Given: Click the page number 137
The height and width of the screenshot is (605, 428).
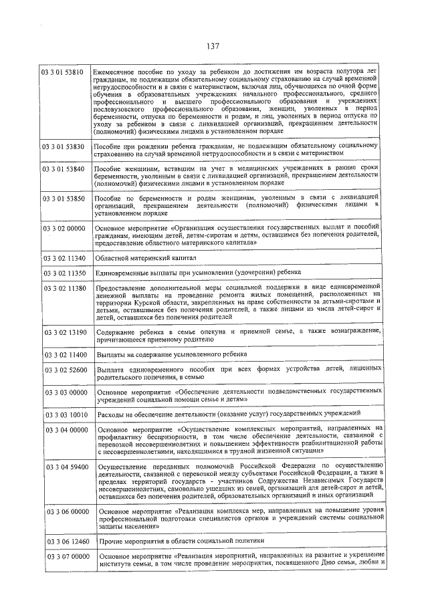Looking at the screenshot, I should tap(213, 47).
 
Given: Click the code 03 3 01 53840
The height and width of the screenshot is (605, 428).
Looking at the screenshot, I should tap(64, 169).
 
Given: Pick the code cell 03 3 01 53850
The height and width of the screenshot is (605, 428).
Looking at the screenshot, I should tap(64, 199).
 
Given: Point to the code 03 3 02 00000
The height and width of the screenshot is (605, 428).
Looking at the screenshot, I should tap(64, 229).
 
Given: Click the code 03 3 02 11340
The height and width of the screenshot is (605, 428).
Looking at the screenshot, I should tap(64, 257).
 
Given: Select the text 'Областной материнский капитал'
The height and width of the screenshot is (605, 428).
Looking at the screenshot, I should tap(136, 257).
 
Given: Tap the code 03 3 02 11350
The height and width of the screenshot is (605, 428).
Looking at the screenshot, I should tap(64, 273).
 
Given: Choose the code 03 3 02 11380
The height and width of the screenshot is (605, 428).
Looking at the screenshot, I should tap(64, 288).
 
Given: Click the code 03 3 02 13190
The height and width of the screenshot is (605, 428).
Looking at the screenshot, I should tap(65, 332).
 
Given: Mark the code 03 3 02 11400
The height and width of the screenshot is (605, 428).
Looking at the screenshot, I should tap(65, 354).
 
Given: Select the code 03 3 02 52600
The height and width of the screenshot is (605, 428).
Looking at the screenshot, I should tap(65, 369).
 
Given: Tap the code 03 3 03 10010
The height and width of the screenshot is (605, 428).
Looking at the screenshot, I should tap(65, 414).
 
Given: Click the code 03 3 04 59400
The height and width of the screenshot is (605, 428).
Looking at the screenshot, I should tap(65, 467).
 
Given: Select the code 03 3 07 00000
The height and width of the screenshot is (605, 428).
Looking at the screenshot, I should tap(65, 556).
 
